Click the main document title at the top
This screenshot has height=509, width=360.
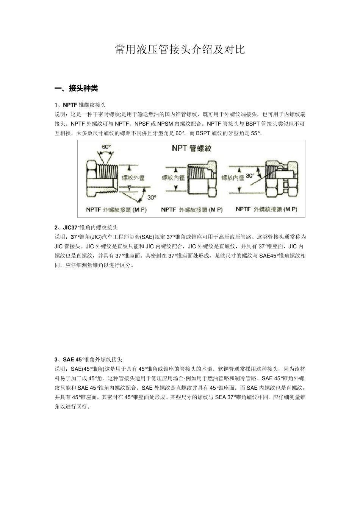pyautogui.click(x=180, y=50)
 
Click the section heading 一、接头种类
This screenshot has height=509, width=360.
pyautogui.click(x=76, y=89)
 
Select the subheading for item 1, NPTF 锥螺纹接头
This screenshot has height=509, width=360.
pyautogui.click(x=80, y=105)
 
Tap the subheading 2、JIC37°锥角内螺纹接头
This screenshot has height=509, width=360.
pyautogui.click(x=86, y=228)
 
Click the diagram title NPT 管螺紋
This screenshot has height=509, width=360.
pyautogui.click(x=191, y=148)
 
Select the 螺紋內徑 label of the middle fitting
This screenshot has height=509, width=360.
pyautogui.click(x=173, y=177)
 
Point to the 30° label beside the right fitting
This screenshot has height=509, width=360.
pyautogui.click(x=250, y=176)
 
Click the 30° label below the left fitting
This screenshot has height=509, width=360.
pyautogui.click(x=152, y=197)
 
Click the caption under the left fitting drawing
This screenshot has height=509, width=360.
pyautogui.click(x=116, y=209)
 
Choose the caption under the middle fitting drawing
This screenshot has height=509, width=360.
pyautogui.click(x=192, y=209)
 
